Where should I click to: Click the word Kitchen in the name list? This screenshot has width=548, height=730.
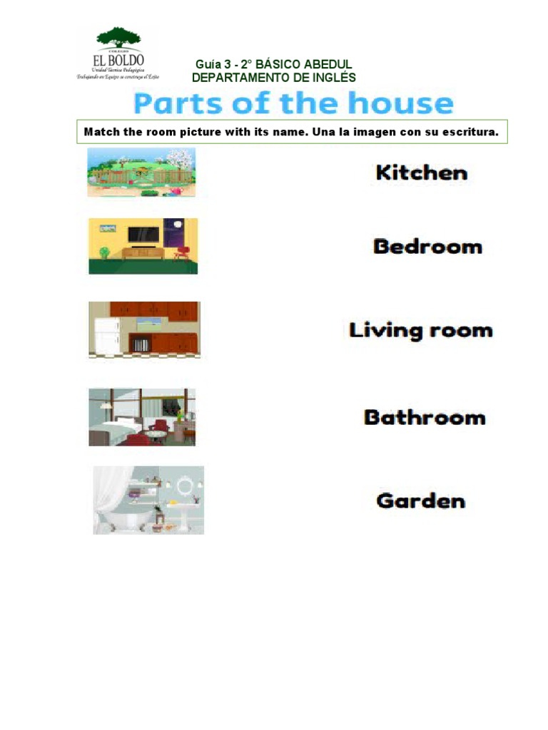point(422,173)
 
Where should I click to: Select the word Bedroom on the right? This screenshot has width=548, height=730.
point(427,247)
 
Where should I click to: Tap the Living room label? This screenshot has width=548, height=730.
point(421,331)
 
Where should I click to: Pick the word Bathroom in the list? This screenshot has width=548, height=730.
point(425,417)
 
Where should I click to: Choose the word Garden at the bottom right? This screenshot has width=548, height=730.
point(421,500)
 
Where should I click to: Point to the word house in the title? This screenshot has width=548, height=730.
point(400,104)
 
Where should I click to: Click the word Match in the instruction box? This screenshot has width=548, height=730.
point(99,132)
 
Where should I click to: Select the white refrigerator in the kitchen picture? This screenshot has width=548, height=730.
point(105,336)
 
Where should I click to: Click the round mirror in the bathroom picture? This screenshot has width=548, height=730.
point(186,486)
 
